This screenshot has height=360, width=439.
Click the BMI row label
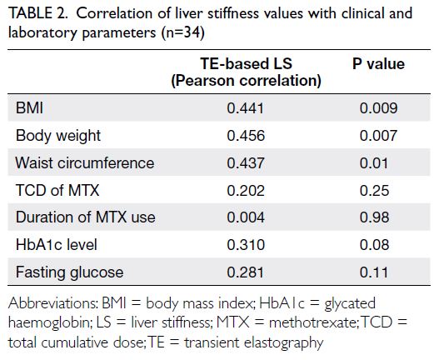pyautogui.click(x=29, y=107)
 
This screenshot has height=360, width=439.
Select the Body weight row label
pyautogui.click(x=58, y=136)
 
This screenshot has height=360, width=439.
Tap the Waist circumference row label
pyautogui.click(x=85, y=162)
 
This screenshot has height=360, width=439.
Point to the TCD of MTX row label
pyautogui.click(x=57, y=190)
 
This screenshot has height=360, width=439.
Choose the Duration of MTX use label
pyautogui.click(x=86, y=217)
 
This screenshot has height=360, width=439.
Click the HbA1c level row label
pyautogui.click(x=57, y=244)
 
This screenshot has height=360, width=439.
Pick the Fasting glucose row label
pyautogui.click(x=69, y=272)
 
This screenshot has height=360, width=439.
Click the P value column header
pyautogui.click(x=378, y=64)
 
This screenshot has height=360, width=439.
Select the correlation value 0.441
pyautogui.click(x=245, y=108)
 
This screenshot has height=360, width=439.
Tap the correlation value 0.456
pyautogui.click(x=246, y=136)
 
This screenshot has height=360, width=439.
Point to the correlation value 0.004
pyautogui.click(x=246, y=217)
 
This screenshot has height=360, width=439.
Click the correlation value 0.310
pyautogui.click(x=246, y=244)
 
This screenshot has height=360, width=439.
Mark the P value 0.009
pyautogui.click(x=378, y=108)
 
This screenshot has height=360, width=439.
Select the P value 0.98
pyautogui.click(x=374, y=217)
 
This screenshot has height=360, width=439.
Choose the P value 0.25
pyautogui.click(x=374, y=190)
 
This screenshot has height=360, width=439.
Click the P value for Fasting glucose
pyautogui.click(x=374, y=272)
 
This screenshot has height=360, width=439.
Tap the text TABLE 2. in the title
pyautogui.click(x=37, y=13)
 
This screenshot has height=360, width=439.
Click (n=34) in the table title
pyautogui.click(x=182, y=32)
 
